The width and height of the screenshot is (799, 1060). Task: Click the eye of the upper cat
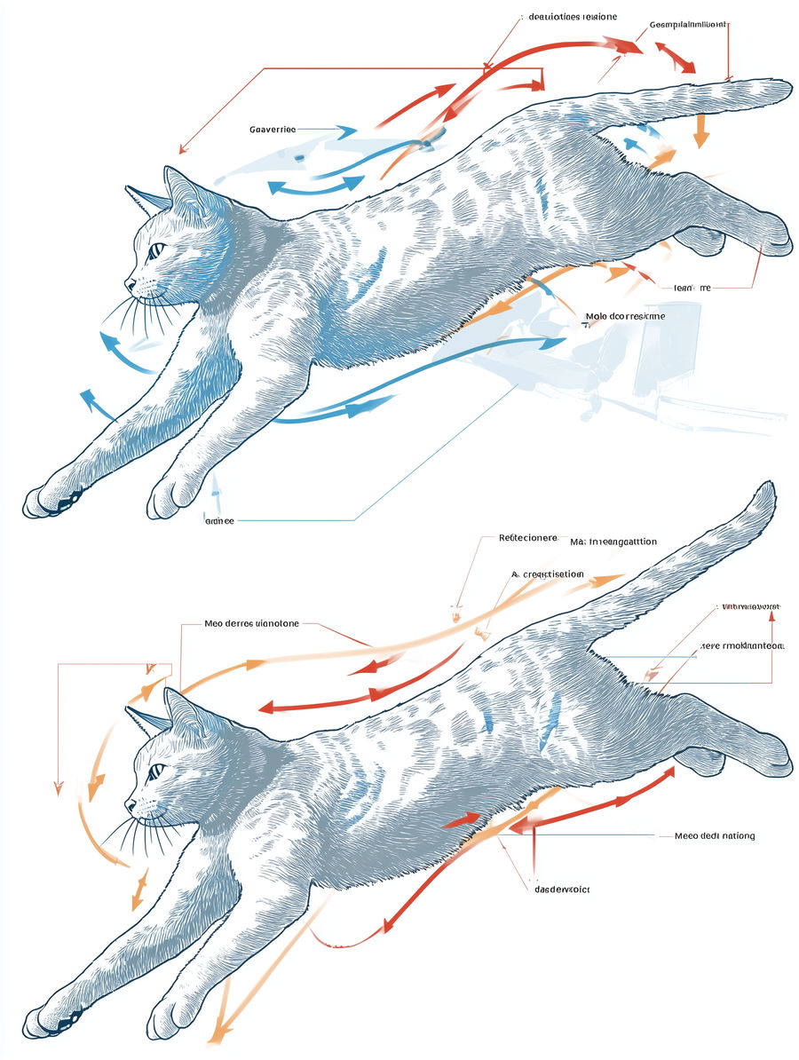(x=156, y=249)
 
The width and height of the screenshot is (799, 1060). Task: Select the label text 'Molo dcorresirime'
(x=625, y=315)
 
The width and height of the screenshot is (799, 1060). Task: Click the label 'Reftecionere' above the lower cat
(x=527, y=538)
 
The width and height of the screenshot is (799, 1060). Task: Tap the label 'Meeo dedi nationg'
(x=715, y=835)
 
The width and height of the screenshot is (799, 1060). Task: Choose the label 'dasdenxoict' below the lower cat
(x=561, y=888)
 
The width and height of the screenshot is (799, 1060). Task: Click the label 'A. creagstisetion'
(x=548, y=574)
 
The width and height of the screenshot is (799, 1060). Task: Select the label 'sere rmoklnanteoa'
(x=741, y=645)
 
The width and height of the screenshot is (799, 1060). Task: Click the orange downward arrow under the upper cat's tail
(x=701, y=133)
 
